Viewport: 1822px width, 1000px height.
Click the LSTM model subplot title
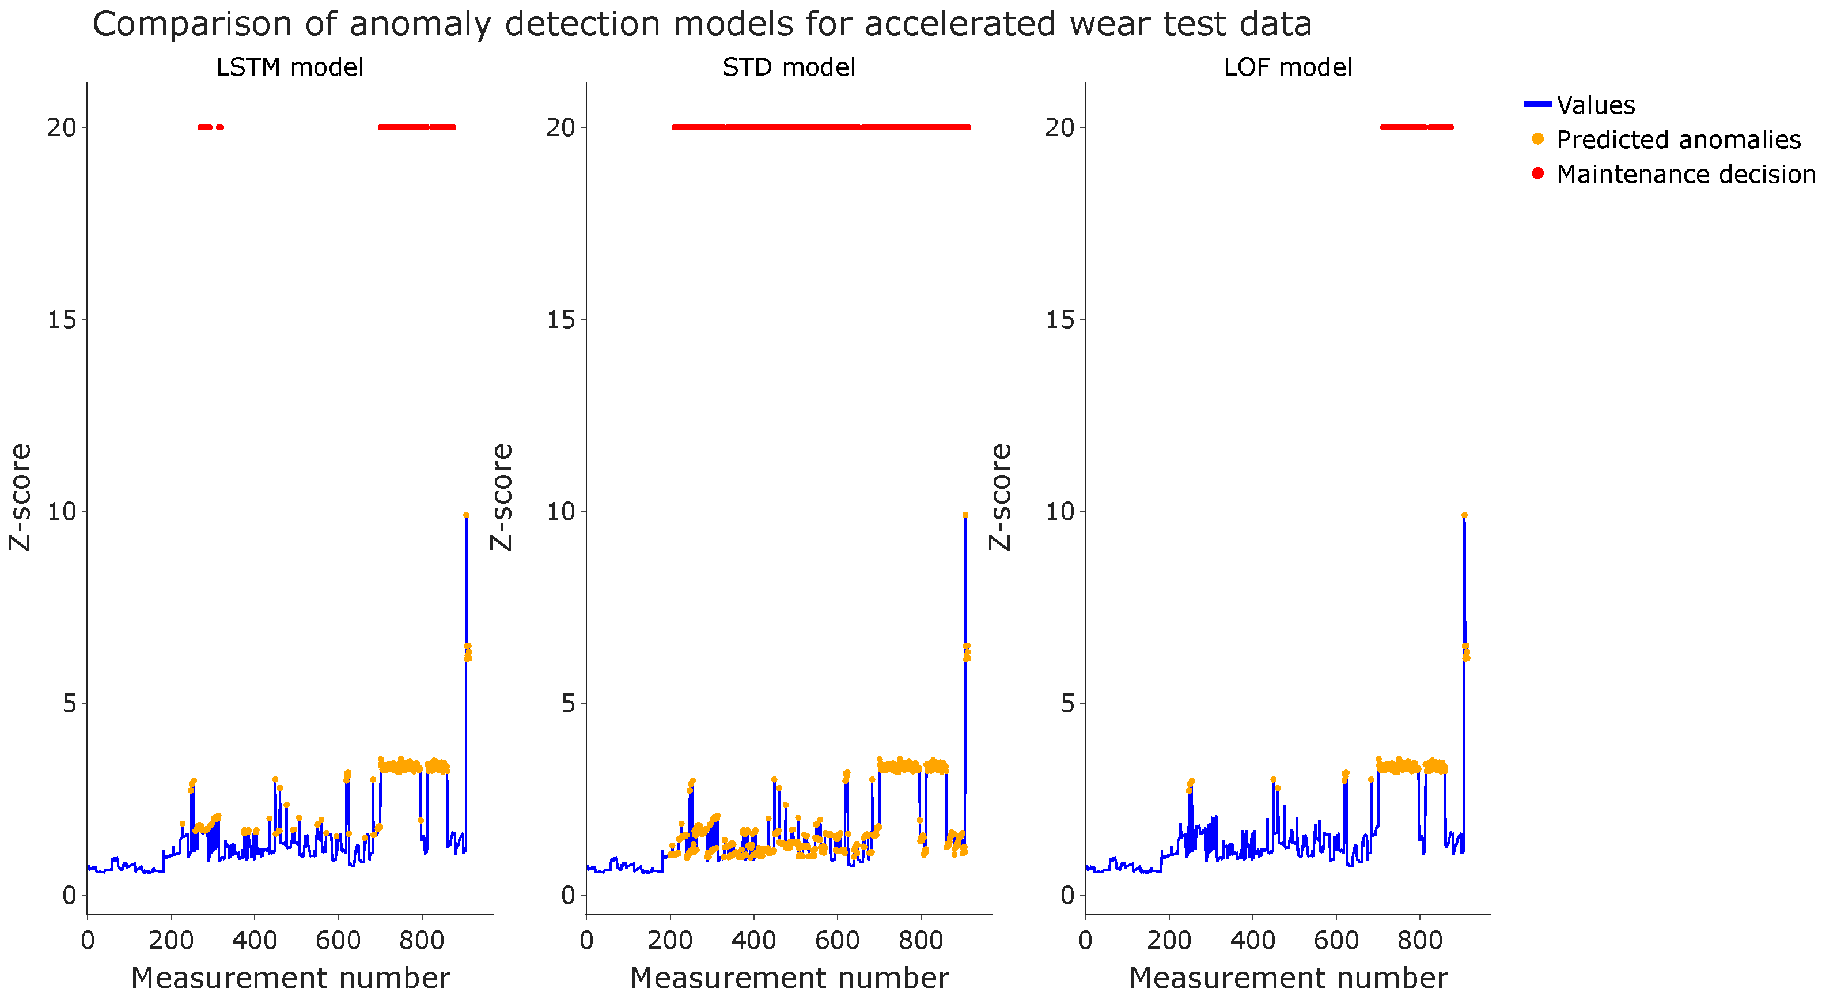(289, 67)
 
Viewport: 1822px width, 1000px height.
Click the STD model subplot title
(789, 67)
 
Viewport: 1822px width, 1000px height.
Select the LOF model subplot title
(1288, 67)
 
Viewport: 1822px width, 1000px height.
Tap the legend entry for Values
(1595, 105)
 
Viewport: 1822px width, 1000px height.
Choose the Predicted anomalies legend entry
(1678, 139)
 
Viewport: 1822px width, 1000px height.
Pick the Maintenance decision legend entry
(1685, 174)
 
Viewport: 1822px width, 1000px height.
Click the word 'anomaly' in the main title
(420, 24)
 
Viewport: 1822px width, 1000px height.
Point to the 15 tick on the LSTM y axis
(62, 320)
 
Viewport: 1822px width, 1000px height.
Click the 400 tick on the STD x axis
(753, 941)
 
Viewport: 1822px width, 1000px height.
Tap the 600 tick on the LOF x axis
(1336, 941)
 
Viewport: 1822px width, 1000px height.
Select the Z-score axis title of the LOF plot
(1001, 497)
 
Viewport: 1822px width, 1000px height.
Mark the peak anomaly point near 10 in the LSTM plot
(466, 515)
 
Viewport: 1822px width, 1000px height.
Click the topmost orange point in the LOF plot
(1464, 515)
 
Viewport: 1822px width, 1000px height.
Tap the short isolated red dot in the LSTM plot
(220, 127)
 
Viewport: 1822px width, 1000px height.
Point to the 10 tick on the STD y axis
(561, 512)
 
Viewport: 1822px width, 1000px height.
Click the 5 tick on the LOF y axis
(1067, 704)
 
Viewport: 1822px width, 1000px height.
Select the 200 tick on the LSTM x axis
(171, 941)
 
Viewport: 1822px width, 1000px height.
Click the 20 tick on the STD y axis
(561, 128)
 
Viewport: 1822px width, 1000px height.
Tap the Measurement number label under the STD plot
(789, 978)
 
